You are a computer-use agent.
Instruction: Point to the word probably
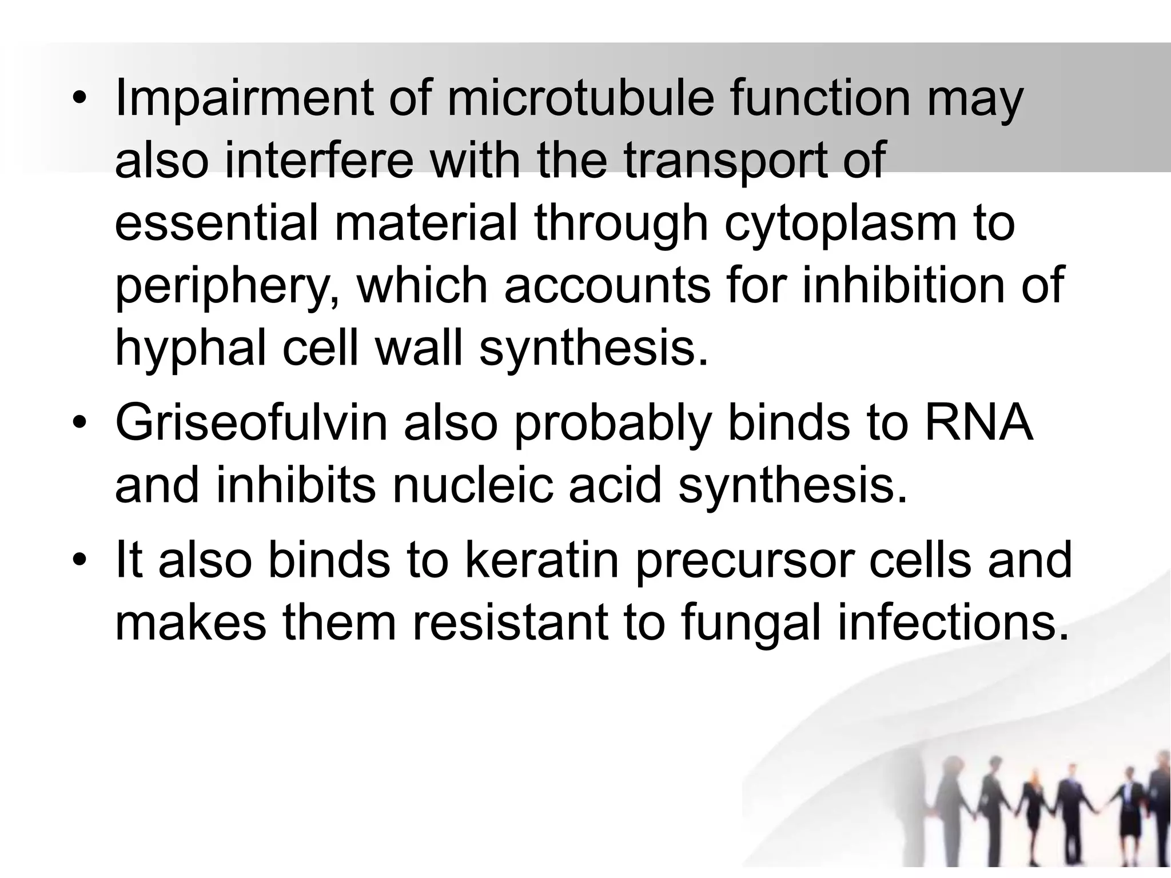[612, 425]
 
